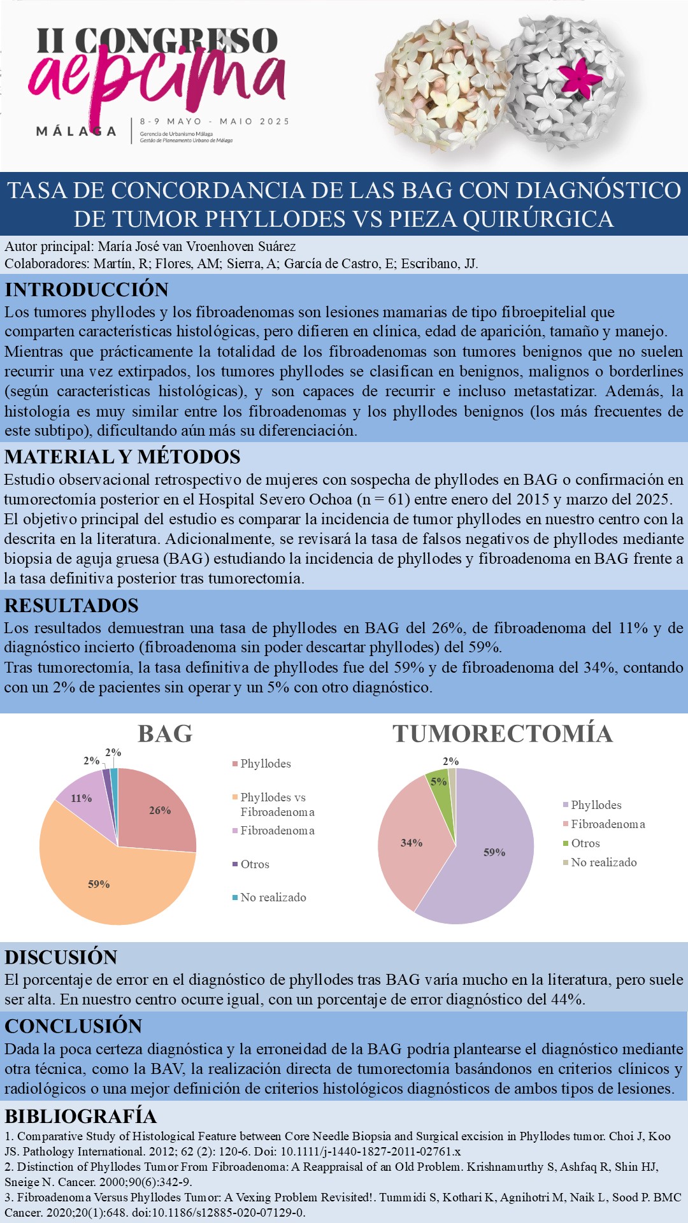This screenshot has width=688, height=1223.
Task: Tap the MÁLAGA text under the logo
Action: click(x=76, y=131)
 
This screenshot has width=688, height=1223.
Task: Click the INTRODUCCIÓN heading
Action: click(x=87, y=290)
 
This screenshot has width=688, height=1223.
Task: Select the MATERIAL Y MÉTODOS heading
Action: click(x=122, y=457)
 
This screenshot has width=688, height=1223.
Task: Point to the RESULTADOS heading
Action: click(x=71, y=605)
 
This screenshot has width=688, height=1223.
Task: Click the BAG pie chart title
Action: click(x=165, y=734)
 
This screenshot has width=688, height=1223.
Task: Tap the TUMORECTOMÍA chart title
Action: click(x=502, y=734)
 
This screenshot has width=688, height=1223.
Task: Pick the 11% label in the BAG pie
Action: click(x=82, y=798)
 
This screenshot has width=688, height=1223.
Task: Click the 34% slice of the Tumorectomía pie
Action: click(x=411, y=842)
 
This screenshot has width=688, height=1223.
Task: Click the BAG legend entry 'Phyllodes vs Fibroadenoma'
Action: click(x=276, y=805)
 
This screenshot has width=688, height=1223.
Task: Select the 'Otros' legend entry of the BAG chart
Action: click(x=254, y=864)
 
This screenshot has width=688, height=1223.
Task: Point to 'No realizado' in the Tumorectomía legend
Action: click(x=603, y=862)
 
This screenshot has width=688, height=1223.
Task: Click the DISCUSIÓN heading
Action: click(x=61, y=957)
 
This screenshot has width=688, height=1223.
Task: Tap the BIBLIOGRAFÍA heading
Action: click(x=80, y=1116)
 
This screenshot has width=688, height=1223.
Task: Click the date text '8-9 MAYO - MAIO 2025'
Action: click(x=214, y=121)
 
